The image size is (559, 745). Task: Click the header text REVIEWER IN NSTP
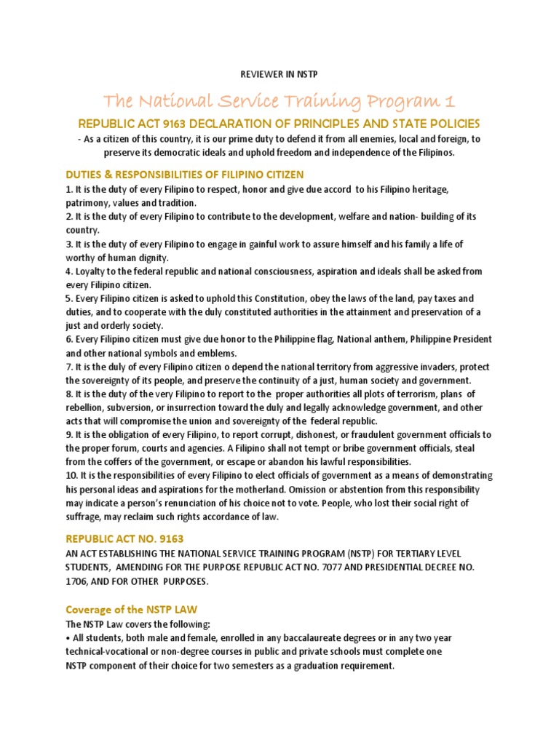(279, 73)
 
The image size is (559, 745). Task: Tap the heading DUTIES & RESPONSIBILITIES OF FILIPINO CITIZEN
(184, 175)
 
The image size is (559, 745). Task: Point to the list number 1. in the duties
(68, 189)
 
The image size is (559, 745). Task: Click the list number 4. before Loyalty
(68, 271)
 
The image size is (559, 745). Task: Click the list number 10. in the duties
(71, 476)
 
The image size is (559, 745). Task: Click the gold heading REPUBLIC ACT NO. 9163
(124, 539)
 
